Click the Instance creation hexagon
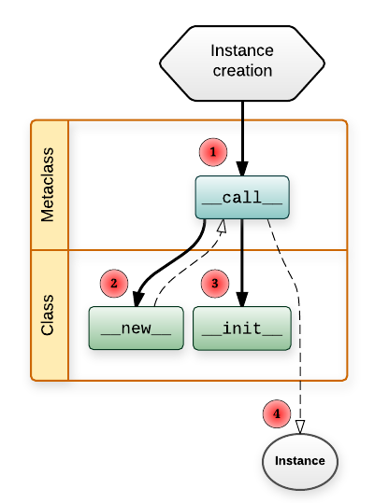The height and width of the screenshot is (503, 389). [x=242, y=63]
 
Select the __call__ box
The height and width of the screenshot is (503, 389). [x=242, y=197]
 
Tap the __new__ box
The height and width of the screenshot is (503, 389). [x=137, y=328]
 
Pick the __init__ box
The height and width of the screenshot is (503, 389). [x=242, y=328]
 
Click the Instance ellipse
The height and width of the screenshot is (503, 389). [x=300, y=461]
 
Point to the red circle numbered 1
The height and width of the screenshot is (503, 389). [x=213, y=152]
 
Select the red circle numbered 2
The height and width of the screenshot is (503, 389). [x=114, y=284]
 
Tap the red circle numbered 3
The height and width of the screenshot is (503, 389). [x=215, y=284]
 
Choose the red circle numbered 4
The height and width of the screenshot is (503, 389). [x=277, y=413]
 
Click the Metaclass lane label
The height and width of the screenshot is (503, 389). [x=48, y=185]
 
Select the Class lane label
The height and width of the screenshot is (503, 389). [x=48, y=315]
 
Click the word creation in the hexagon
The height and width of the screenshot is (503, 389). [x=242, y=71]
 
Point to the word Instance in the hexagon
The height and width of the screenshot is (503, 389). [x=242, y=50]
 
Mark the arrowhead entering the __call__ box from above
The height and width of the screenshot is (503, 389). [x=242, y=169]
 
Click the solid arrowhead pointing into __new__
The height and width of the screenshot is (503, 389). [x=137, y=300]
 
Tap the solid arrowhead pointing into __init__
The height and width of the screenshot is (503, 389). [x=242, y=300]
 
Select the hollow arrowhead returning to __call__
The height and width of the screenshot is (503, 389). [x=223, y=226]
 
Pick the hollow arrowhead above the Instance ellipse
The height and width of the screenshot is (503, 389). [x=300, y=427]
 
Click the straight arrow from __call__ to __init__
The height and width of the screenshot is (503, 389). [x=242, y=263]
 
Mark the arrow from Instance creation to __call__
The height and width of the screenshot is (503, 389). [x=242, y=138]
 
